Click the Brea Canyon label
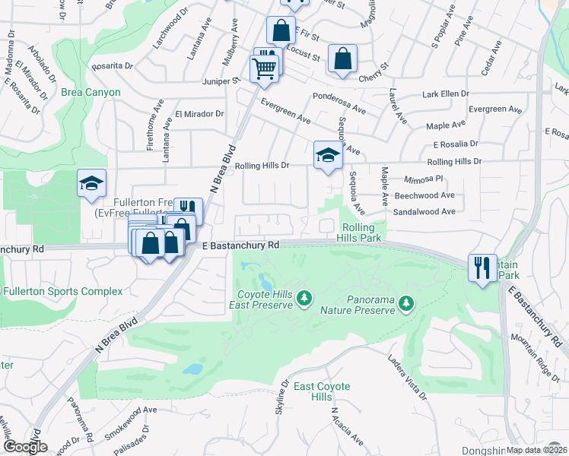91,93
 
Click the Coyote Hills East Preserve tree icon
305,297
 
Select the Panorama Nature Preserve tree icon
407,303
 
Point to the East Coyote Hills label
322,392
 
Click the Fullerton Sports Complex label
62,292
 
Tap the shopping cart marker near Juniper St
265,68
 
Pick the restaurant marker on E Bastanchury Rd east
482,268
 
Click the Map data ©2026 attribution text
536,450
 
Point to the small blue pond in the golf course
192,369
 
